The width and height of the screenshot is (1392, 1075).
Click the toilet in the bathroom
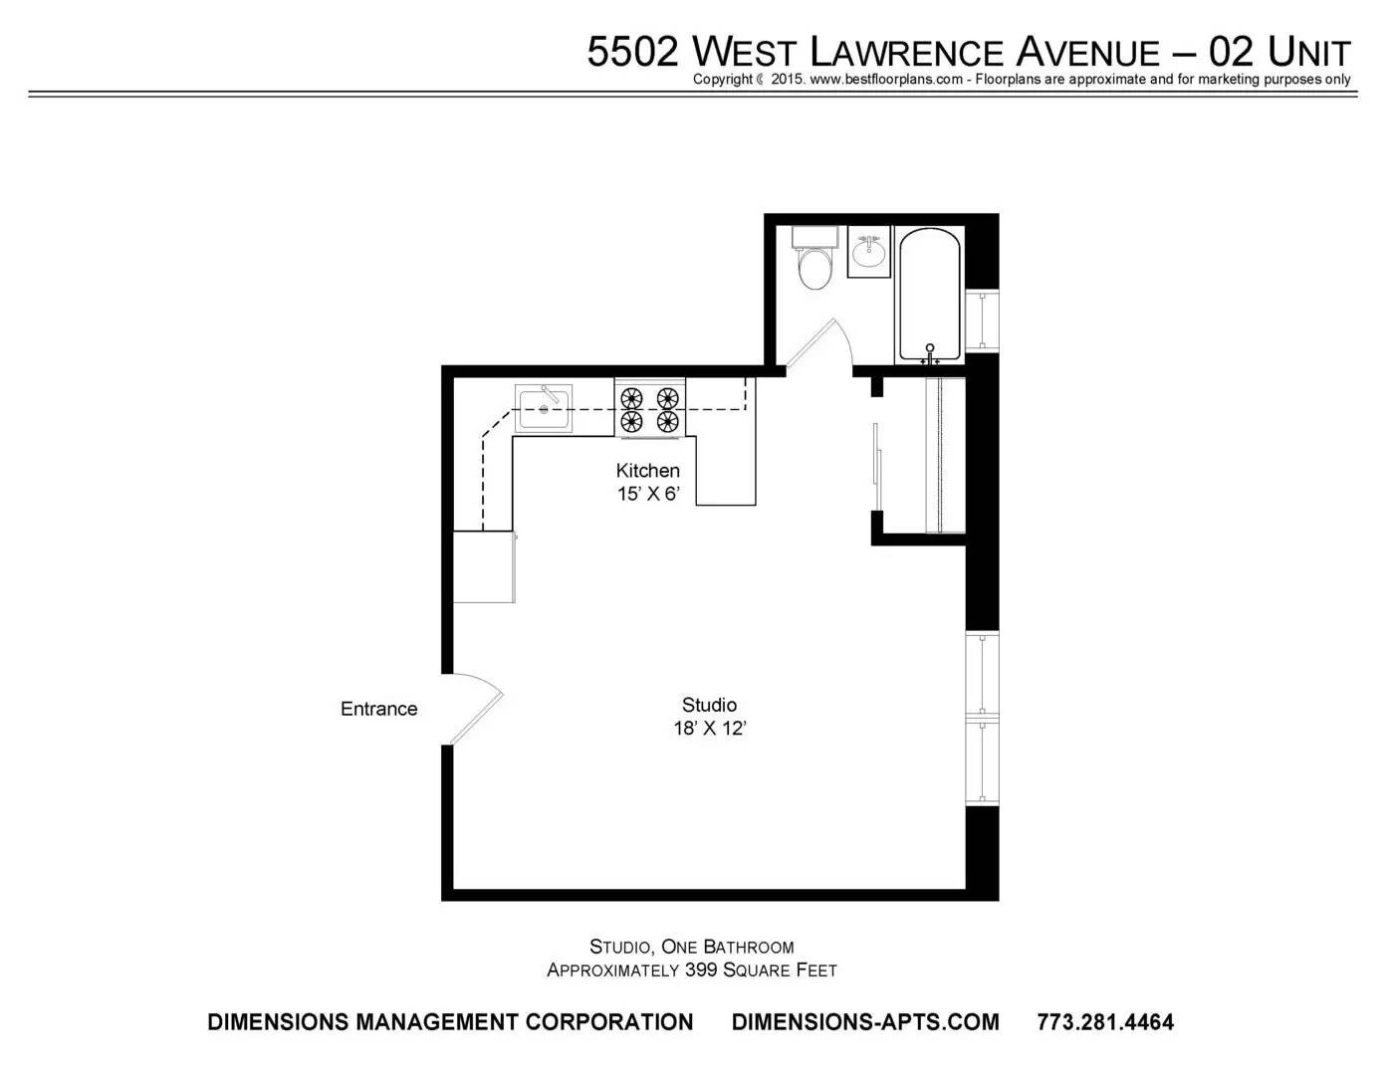tap(814, 259)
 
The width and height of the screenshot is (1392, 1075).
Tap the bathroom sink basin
tap(868, 252)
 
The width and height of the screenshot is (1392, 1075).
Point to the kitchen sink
tap(544, 408)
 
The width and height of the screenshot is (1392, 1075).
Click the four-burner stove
tap(649, 408)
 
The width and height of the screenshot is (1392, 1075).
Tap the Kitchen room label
tap(647, 471)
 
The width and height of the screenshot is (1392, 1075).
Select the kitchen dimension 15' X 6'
tap(647, 495)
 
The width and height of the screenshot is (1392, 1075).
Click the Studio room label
tap(709, 705)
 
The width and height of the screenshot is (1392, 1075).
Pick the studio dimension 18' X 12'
tap(710, 729)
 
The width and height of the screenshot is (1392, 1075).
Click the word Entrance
tap(378, 709)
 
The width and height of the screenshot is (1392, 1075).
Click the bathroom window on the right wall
tap(982, 321)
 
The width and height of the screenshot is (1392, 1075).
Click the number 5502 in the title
tap(633, 52)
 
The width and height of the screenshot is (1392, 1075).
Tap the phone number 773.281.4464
tap(1105, 1022)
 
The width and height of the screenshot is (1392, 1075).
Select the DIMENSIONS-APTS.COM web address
tap(865, 1022)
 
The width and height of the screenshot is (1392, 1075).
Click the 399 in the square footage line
tap(701, 970)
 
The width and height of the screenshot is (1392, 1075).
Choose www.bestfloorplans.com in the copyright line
tap(886, 80)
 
